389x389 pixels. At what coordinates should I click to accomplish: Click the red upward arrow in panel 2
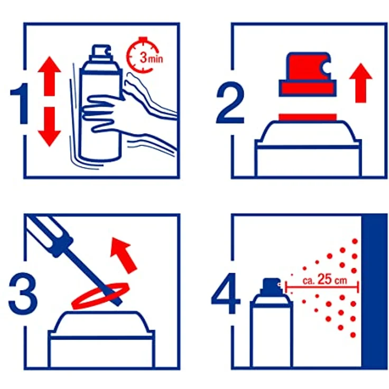pyautogui.click(x=361, y=82)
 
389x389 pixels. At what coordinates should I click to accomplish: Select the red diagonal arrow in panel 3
pyautogui.click(x=124, y=254)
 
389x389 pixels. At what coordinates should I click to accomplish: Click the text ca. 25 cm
pyautogui.click(x=325, y=280)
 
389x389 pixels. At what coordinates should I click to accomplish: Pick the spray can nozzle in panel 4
pyautogui.click(x=270, y=285)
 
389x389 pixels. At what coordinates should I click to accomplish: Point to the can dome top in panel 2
pyautogui.click(x=308, y=131)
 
